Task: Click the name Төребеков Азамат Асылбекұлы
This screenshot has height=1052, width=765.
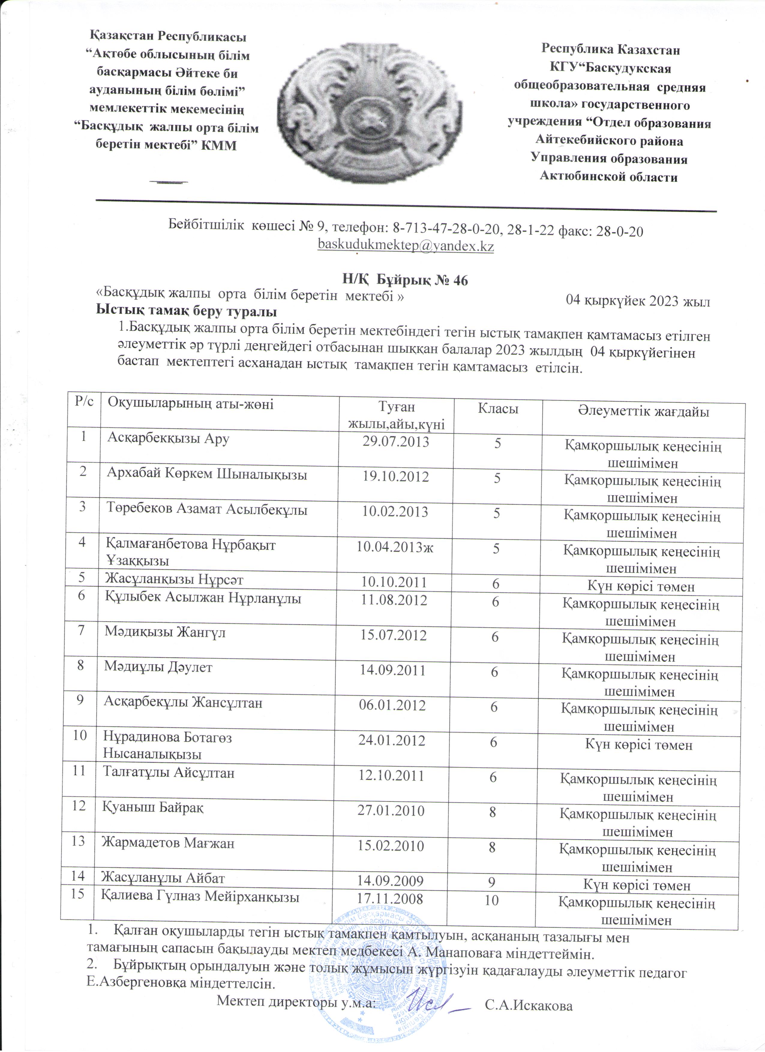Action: coord(207,510)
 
